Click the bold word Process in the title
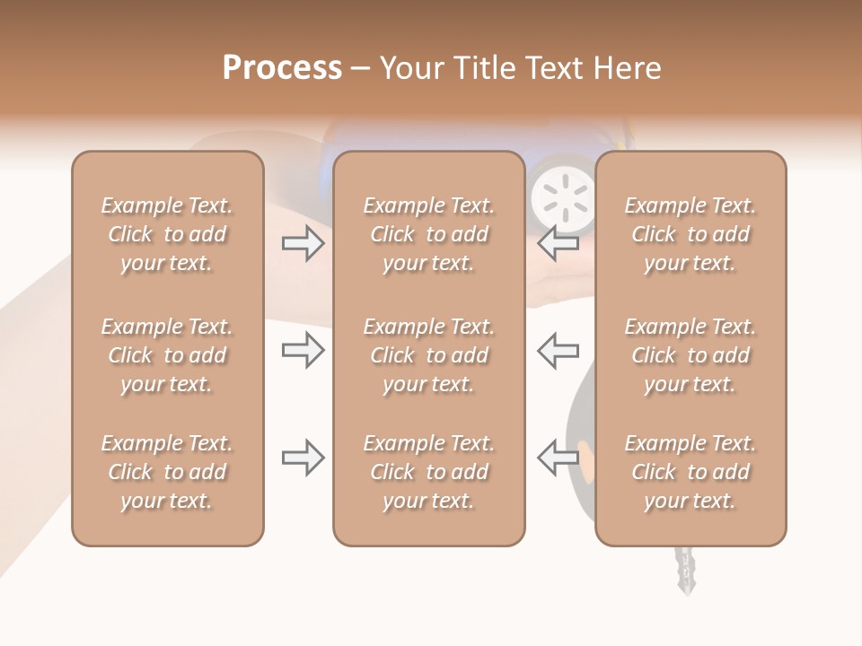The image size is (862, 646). point(282,68)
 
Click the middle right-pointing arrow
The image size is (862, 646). point(303,350)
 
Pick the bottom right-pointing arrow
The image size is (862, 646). point(303,458)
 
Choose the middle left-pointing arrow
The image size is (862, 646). point(559,350)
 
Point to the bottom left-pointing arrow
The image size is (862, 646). point(559,458)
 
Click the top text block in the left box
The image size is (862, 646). point(167,234)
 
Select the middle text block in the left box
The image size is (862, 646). point(167,355)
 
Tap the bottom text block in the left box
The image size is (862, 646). point(167,472)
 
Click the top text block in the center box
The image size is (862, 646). point(428,234)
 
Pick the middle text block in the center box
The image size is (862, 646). point(428,355)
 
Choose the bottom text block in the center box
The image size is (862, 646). point(428,472)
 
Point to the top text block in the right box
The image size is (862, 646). point(690,234)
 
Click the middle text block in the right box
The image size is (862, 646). point(690,355)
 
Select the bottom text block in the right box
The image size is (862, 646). point(690,472)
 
